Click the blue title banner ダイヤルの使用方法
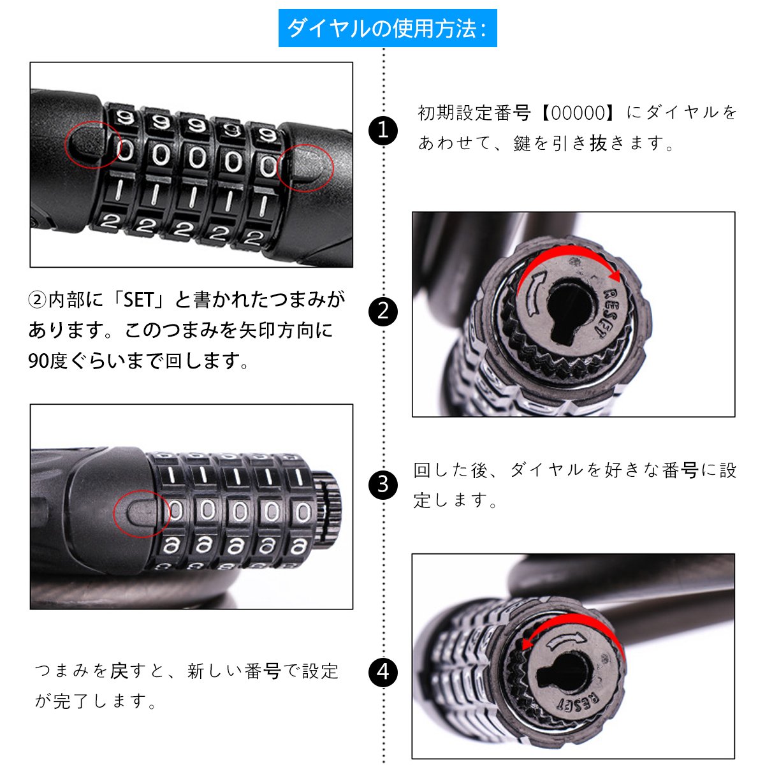(x=388, y=28)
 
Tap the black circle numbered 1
(x=383, y=131)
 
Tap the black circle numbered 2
(x=383, y=312)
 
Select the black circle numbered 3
(x=383, y=484)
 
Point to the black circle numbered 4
(x=383, y=672)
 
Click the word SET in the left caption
(x=138, y=300)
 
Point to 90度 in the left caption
(x=48, y=361)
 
